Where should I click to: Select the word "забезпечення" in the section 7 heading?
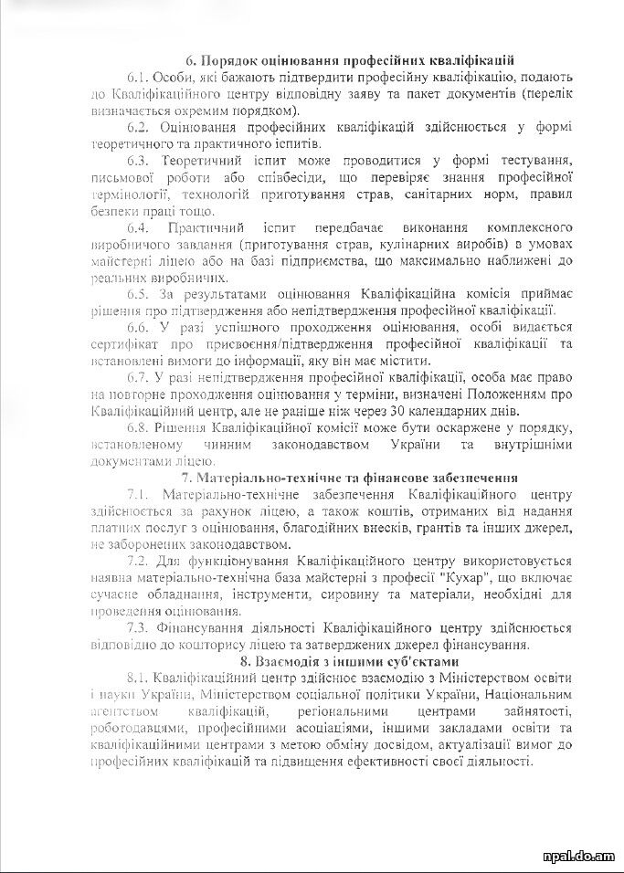(476, 477)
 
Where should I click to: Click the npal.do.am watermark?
(577, 856)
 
